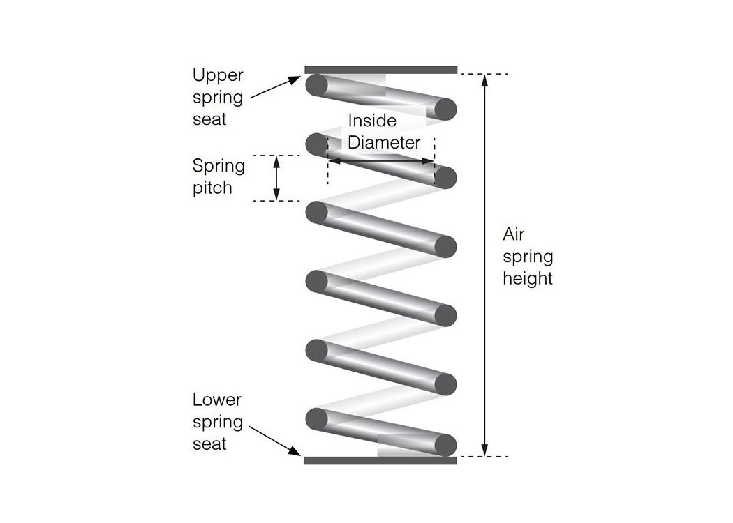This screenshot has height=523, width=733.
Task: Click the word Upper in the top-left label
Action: pos(218,75)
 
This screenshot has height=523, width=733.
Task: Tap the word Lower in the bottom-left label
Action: pos(217,400)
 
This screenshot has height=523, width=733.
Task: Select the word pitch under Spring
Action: pos(212,188)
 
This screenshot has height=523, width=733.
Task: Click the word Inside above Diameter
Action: pos(372,121)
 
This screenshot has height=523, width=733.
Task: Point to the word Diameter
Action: pos(384,142)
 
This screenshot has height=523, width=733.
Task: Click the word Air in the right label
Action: pos(513,234)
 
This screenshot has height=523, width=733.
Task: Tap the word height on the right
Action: pos(528,278)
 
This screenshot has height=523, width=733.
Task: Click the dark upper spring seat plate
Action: pos(381,70)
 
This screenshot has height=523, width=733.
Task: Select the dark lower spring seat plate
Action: pos(380,460)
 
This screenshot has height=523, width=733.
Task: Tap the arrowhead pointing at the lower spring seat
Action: pos(295,450)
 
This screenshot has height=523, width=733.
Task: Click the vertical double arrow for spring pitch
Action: pos(276,179)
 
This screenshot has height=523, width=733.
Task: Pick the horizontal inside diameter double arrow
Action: pos(381,161)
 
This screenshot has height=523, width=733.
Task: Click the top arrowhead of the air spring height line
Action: pos(484,80)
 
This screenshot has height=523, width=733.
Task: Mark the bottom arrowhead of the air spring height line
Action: pos(484,450)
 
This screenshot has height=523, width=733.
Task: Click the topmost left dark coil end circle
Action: pos(316,85)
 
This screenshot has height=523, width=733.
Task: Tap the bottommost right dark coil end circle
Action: pos(445,445)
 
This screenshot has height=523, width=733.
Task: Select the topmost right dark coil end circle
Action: pos(445,109)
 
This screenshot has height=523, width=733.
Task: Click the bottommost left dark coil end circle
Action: pos(316,419)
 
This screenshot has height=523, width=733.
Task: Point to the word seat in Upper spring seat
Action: pos(209,119)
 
